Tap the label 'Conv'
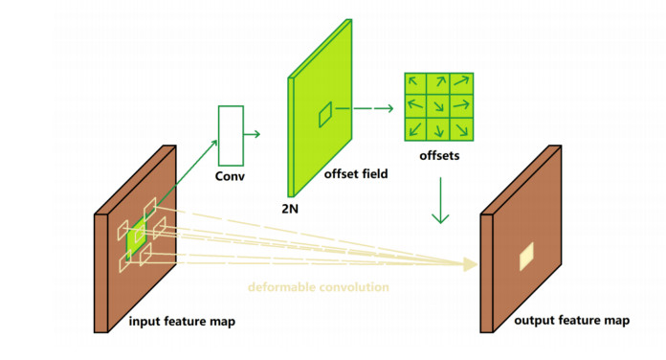point(230,176)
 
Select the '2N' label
point(290,209)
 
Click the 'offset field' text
point(356,174)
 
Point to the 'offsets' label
point(439,155)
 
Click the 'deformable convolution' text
point(318,287)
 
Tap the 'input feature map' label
point(182,322)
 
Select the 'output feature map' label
point(571,321)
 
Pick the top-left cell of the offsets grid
point(416,83)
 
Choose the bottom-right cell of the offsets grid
point(461,129)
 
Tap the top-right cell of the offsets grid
point(461,83)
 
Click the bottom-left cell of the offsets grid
point(416,129)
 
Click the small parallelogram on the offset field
point(325,115)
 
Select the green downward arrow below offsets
point(440,200)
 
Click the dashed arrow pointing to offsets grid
point(365,108)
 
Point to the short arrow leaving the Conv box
point(252,134)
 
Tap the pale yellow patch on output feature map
point(526,257)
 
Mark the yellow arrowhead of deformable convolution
point(470,264)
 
